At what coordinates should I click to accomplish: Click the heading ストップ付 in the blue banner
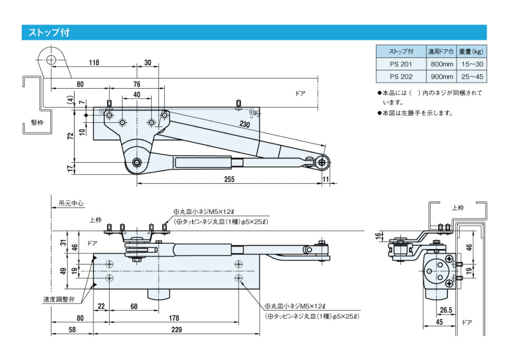click(x=49, y=33)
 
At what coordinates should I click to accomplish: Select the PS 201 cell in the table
click(x=401, y=64)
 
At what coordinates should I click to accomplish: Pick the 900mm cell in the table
click(x=441, y=77)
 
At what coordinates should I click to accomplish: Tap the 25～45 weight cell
click(x=472, y=77)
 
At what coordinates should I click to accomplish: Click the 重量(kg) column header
click(x=472, y=52)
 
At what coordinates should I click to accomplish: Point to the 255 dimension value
click(x=229, y=179)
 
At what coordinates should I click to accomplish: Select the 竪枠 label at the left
click(x=37, y=122)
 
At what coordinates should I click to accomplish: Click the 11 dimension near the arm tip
click(x=325, y=179)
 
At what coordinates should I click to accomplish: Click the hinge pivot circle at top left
click(x=51, y=60)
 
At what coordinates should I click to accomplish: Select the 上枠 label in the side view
click(x=457, y=208)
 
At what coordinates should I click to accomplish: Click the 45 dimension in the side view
click(x=439, y=322)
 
